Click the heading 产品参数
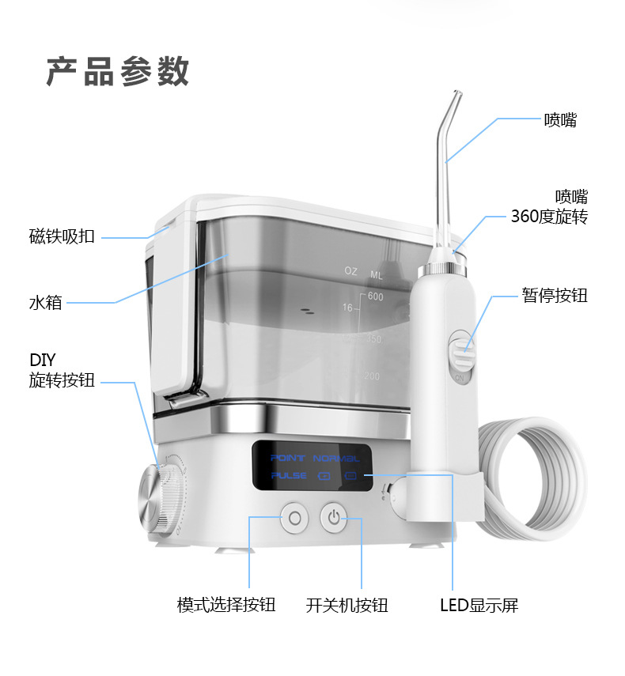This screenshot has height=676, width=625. [x=117, y=71]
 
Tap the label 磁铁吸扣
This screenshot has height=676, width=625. [x=62, y=236]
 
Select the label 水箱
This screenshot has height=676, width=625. [x=46, y=302]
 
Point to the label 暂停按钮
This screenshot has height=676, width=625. [x=555, y=296]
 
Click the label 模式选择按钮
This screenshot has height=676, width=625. [x=226, y=605]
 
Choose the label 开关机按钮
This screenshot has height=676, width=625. [x=347, y=605]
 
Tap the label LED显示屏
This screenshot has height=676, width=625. [x=479, y=605]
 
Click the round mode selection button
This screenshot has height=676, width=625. [x=295, y=518]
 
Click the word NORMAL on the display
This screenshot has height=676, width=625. [x=335, y=458]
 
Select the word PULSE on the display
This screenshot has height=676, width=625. [x=288, y=476]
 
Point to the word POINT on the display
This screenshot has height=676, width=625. [x=288, y=458]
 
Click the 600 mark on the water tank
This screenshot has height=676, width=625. [x=375, y=297]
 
